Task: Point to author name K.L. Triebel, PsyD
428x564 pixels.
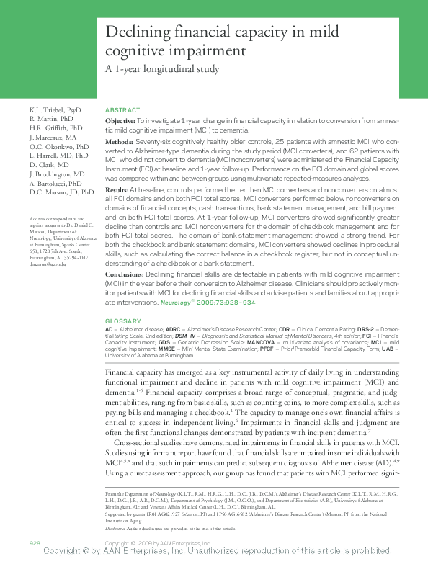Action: (x=56, y=109)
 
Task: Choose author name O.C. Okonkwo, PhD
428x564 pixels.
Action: (x=60, y=146)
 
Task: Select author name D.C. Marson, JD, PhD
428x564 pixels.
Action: (x=62, y=193)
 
